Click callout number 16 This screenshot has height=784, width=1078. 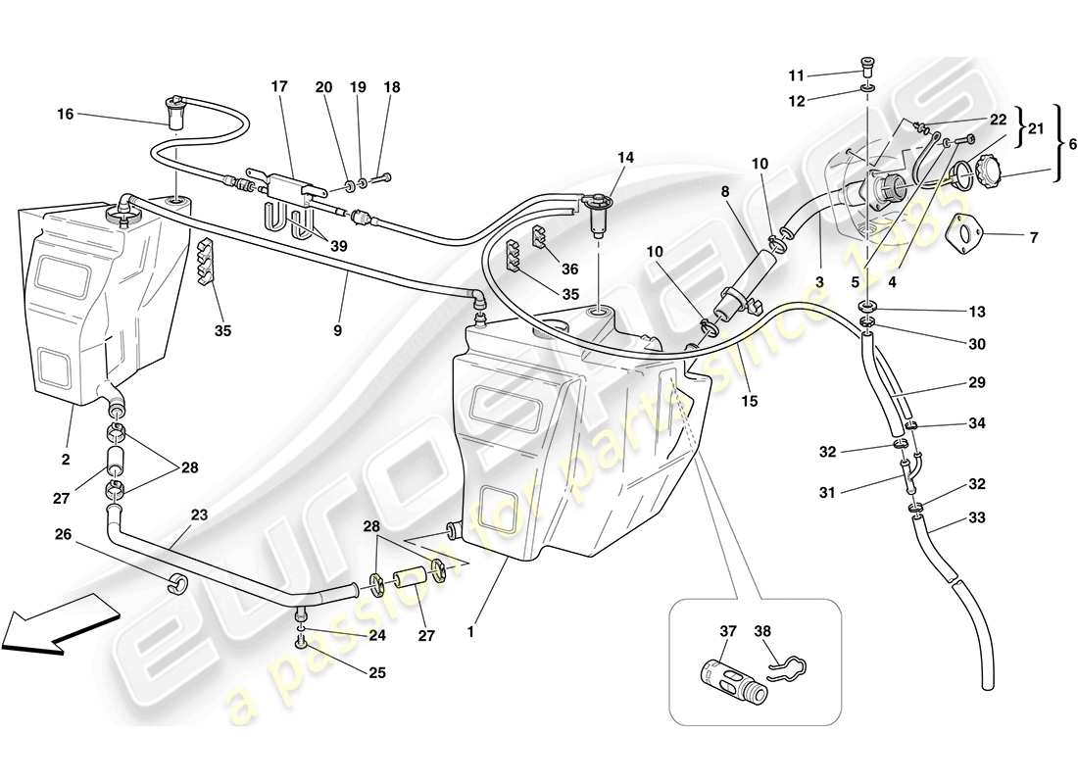point(65,115)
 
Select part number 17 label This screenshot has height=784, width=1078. point(279,86)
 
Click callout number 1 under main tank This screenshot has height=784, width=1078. point(470,632)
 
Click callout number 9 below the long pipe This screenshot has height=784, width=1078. point(337,330)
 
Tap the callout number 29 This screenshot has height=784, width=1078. point(977,383)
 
